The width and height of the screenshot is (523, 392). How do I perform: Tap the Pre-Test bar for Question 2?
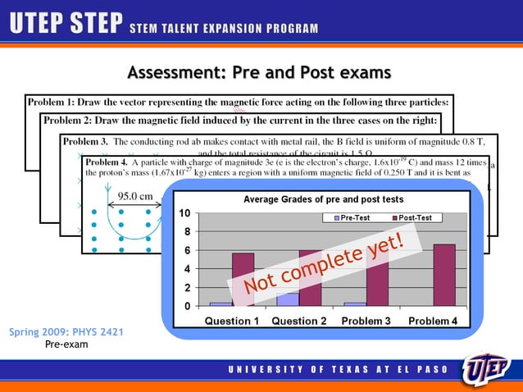pos(287,299)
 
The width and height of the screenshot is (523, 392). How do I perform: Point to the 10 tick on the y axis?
pos(186,214)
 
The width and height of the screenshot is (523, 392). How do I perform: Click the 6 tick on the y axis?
pos(188,251)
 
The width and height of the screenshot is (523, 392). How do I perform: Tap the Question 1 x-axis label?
pos(231,321)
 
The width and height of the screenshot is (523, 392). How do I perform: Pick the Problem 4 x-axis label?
pos(433,321)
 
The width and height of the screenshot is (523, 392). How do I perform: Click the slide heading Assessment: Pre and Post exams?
pos(259,74)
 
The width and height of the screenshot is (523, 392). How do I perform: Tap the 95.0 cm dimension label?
pos(135,196)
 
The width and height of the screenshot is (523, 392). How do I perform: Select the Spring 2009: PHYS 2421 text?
pos(66,333)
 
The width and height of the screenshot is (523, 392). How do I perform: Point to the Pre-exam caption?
pos(66,344)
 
